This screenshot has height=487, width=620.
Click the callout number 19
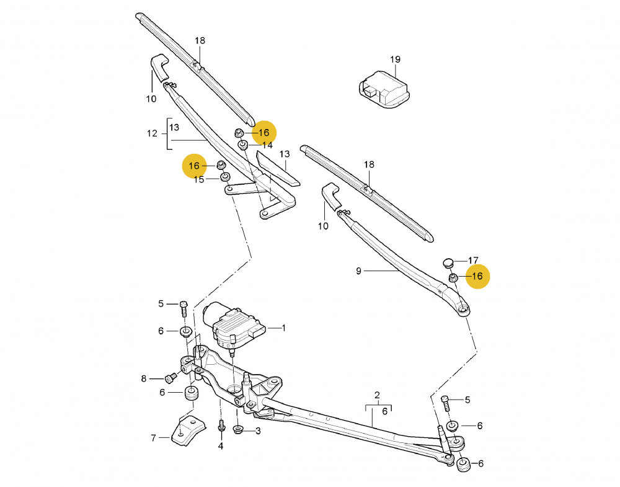tap(395, 60)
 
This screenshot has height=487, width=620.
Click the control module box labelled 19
tap(384, 89)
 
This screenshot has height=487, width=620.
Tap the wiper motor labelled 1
tap(234, 326)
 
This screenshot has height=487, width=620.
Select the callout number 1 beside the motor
tap(283, 328)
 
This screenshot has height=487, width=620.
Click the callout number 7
tap(153, 438)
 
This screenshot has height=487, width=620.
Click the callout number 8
tap(144, 378)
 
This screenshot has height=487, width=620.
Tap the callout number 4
tap(221, 446)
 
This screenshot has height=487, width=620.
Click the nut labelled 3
tap(239, 429)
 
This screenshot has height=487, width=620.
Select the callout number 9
tap(358, 271)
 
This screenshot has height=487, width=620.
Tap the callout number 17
tap(473, 261)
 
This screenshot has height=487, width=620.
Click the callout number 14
tap(267, 145)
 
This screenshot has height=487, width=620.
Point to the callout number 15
tap(199, 180)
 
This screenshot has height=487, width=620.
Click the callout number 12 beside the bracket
tap(152, 133)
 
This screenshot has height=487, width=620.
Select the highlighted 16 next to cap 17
tap(477, 276)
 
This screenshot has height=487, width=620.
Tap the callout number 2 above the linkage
tap(377, 395)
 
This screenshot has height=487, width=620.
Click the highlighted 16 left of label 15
tap(194, 166)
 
